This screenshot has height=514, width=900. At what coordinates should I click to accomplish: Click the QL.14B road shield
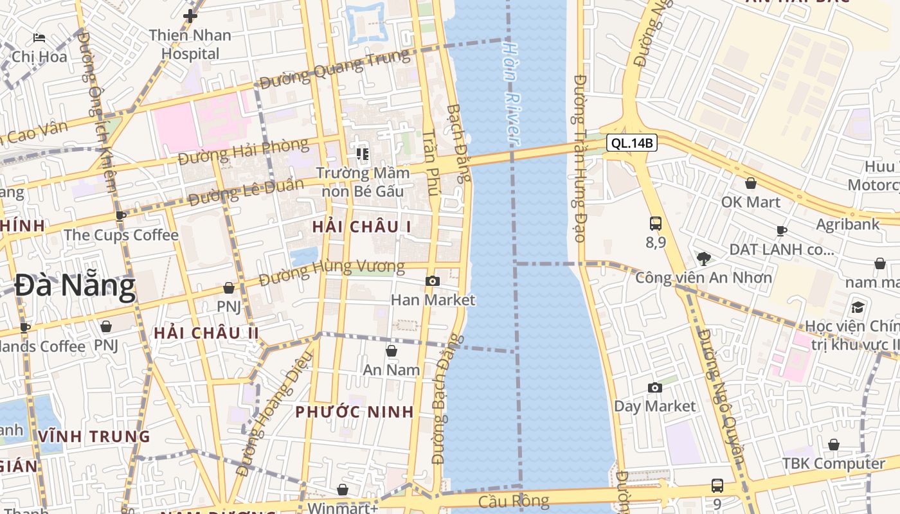coord(631,143)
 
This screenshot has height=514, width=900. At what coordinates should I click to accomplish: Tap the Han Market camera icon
coord(433,281)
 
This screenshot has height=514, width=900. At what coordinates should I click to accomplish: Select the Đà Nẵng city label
coord(75,286)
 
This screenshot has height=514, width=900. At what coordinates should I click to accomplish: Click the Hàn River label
coord(512,93)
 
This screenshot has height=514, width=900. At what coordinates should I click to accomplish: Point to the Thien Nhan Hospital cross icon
coord(190,16)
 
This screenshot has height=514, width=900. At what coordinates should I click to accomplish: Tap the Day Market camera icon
coord(655,387)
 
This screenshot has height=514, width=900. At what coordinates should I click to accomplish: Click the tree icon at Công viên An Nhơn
coord(703,259)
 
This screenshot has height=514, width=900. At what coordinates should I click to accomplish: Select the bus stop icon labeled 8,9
coord(656,224)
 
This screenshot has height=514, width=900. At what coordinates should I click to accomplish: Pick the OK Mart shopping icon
coord(750,184)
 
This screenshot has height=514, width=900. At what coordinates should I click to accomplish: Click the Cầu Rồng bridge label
coord(514,501)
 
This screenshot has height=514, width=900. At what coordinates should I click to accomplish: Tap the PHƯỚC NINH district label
coord(354,412)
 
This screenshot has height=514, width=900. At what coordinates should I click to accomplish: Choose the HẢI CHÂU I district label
coord(361,226)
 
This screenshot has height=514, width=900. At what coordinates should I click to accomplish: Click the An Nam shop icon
coord(391,351)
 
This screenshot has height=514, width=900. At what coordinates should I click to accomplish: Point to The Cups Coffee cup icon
coord(120,216)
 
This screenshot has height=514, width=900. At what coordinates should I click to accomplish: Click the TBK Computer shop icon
coord(834,445)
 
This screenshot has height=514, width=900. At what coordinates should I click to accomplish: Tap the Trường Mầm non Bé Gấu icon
coord(363,154)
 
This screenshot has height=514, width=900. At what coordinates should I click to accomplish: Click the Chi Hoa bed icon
coord(39,38)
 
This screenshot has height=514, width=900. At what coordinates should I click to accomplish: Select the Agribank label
coord(848,224)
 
